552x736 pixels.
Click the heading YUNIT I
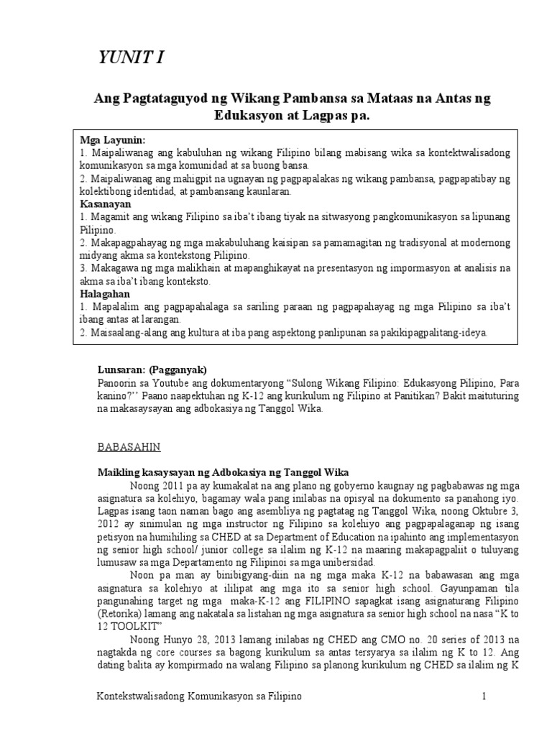pyautogui.click(x=131, y=59)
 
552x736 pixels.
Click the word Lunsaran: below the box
pyautogui.click(x=121, y=369)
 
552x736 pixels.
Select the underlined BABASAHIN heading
pyautogui.click(x=129, y=446)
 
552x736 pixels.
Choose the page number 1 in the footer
pyautogui.click(x=485, y=697)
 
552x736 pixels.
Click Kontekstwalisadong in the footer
pyautogui.click(x=142, y=697)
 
